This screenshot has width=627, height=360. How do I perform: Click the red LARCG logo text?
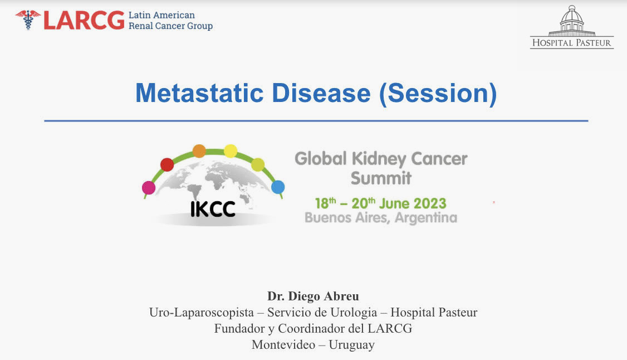click(x=84, y=20)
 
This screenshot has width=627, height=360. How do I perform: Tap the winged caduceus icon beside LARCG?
click(x=28, y=20)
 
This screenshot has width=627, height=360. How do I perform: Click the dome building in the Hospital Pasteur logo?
click(x=572, y=21)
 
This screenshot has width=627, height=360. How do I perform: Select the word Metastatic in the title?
click(x=199, y=93)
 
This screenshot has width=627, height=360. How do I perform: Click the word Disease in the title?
click(x=321, y=93)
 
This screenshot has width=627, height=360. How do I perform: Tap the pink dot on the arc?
click(x=149, y=188)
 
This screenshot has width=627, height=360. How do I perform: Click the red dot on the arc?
click(x=167, y=164)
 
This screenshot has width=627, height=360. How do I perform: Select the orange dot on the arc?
click(x=199, y=151)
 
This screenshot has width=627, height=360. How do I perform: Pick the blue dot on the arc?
click(x=278, y=187)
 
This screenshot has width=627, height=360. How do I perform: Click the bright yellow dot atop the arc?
click(x=231, y=151)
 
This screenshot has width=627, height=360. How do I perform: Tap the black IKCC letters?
click(x=213, y=209)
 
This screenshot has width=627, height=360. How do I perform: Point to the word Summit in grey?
click(x=381, y=178)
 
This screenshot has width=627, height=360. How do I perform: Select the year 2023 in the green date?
click(x=430, y=203)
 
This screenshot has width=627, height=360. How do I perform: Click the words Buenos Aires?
click(x=346, y=218)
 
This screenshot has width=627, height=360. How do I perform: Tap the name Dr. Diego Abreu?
click(x=313, y=296)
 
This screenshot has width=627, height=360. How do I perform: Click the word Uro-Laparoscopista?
click(x=202, y=313)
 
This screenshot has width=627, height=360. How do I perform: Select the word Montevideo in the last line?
click(x=283, y=344)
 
